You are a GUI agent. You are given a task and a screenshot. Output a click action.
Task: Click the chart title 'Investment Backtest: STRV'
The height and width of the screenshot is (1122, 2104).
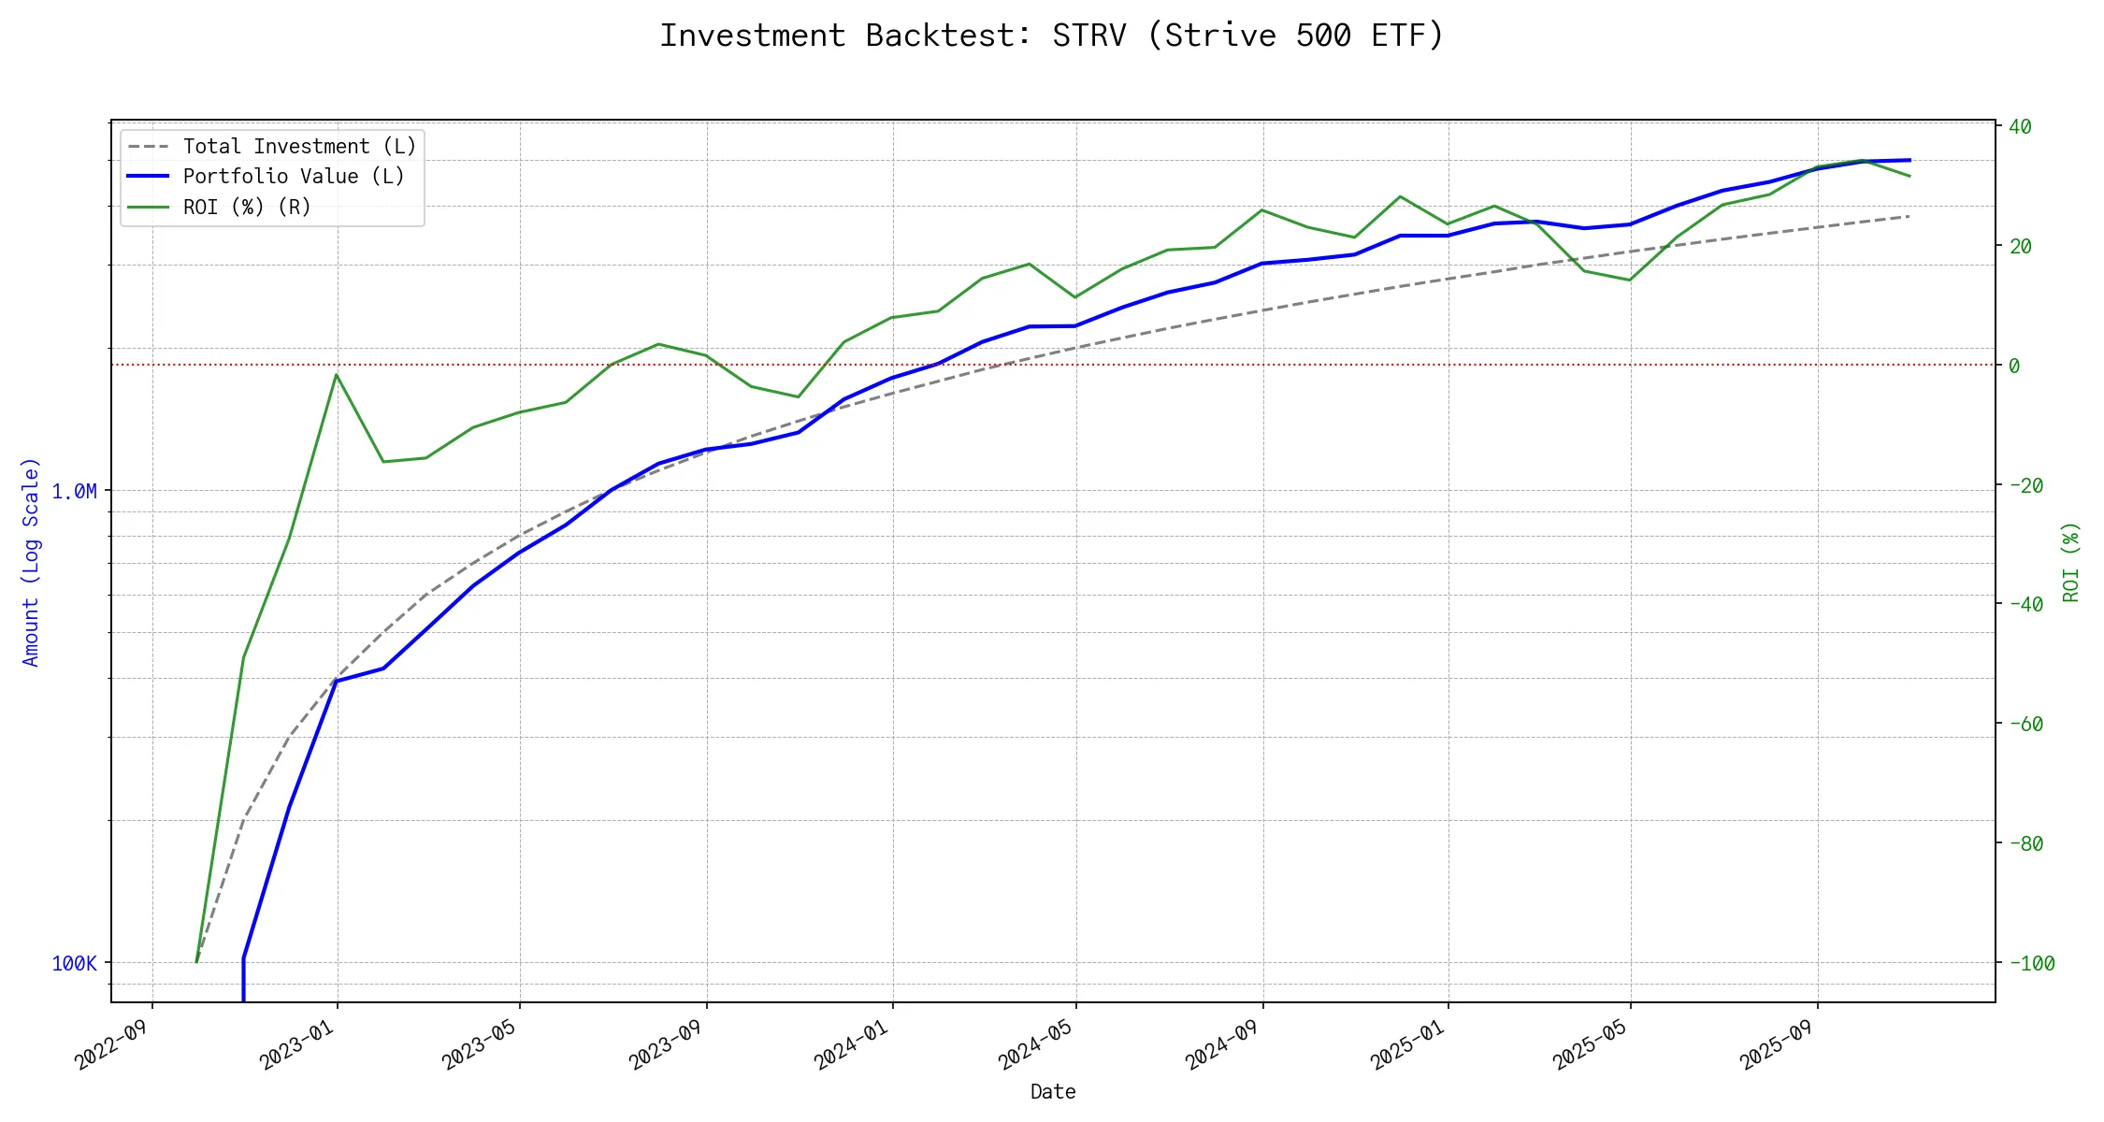1052,36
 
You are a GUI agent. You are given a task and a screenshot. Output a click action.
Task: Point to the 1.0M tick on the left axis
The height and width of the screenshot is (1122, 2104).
74,492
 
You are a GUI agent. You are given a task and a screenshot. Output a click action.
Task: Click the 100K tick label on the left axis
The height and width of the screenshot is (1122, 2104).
74,964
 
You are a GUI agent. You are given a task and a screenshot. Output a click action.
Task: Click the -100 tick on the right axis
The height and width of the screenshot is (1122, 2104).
2031,964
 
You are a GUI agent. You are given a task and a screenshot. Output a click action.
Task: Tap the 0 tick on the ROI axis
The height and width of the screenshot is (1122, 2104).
2014,366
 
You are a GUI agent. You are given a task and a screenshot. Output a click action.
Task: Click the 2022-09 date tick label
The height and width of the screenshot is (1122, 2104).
111,1044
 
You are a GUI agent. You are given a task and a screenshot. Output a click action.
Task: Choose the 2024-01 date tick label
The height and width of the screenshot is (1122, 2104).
851,1044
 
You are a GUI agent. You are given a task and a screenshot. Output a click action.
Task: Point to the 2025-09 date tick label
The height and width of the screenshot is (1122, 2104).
1776,1044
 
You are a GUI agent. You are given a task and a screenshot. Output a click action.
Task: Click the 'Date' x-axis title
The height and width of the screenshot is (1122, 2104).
1053,1092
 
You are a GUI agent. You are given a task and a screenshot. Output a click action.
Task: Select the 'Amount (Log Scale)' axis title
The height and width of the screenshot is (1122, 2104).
31,562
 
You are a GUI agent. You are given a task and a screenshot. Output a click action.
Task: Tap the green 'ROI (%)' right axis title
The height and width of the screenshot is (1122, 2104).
2071,562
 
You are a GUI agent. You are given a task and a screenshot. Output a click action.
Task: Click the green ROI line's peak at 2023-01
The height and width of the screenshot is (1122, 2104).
337,375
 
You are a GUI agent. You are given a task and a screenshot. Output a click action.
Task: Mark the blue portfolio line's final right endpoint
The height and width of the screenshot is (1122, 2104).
1909,160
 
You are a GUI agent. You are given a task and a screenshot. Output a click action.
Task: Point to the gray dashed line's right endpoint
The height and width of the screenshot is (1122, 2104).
1909,216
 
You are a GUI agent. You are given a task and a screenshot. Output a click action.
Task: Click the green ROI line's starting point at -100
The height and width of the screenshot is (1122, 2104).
196,962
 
